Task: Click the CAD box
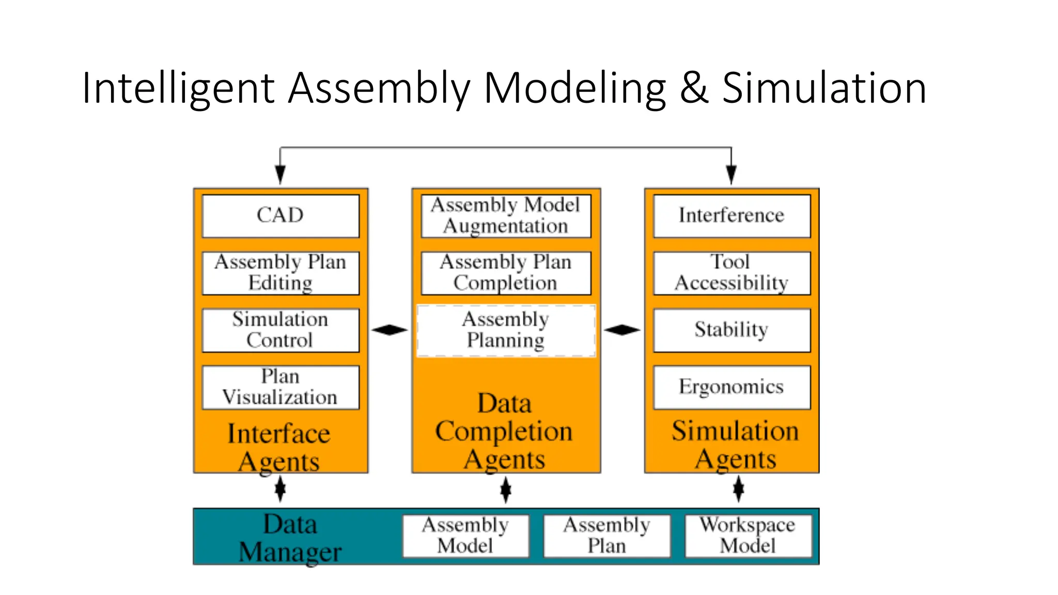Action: (x=281, y=216)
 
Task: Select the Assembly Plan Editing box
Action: (x=281, y=273)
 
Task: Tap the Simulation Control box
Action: (x=281, y=330)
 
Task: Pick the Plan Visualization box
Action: (x=281, y=387)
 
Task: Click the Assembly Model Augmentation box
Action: (x=506, y=216)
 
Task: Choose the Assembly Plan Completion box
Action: (x=506, y=273)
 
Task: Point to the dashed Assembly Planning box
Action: (x=506, y=331)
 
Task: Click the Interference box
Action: (x=732, y=216)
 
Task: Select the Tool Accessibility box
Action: (x=732, y=273)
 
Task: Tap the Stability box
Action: (x=732, y=330)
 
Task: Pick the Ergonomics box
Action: (x=732, y=387)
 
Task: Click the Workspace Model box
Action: (x=748, y=536)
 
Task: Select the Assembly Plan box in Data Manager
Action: (x=606, y=536)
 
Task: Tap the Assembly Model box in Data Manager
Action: (x=465, y=536)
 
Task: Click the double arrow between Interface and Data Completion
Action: (x=390, y=330)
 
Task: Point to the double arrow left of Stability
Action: (x=622, y=330)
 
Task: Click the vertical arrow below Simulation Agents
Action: (x=739, y=489)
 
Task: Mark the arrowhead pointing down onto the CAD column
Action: (x=280, y=174)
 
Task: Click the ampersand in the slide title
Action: (x=693, y=88)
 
